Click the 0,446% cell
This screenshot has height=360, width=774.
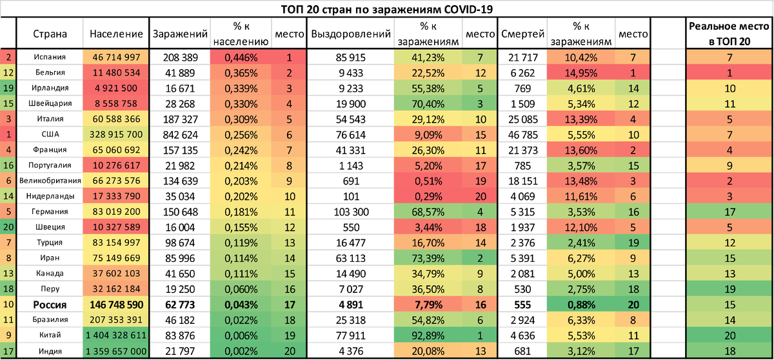pos(241,57)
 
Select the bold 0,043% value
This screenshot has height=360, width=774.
pos(241,304)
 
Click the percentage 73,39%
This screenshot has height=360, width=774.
pos(428,257)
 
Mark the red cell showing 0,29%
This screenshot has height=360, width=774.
pos(428,196)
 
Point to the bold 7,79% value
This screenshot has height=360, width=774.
pos(428,304)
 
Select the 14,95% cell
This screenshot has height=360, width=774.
pos(580,73)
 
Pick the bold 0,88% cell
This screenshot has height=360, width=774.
pos(580,304)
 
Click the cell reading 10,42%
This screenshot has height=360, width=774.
pos(580,57)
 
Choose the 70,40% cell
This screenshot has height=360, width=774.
pos(428,104)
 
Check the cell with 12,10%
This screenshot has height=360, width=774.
pos(580,226)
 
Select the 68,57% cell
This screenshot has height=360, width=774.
pos(428,211)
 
